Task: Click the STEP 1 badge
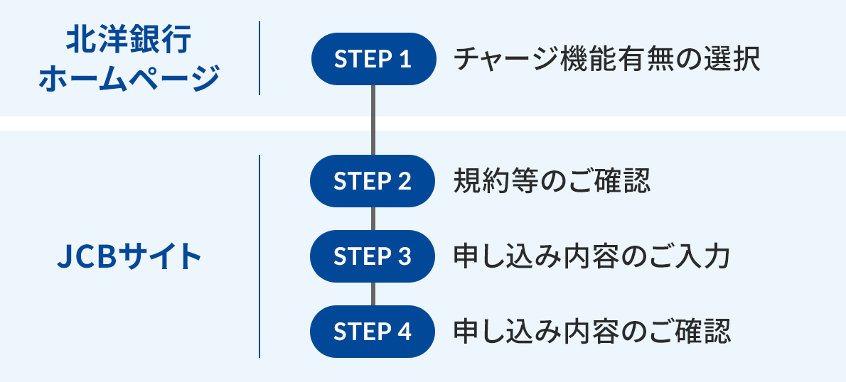373,59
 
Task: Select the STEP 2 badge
373,181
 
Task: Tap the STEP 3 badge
373,256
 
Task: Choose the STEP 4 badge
373,332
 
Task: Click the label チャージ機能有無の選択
606,59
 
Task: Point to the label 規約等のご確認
552,181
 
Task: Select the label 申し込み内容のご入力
591,256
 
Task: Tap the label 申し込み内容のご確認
591,332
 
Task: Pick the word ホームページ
129,78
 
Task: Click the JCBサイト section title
129,256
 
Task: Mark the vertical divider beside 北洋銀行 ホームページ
259,58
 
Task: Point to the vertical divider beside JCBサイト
259,256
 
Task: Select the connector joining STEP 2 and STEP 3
373,219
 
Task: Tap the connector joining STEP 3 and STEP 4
373,294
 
